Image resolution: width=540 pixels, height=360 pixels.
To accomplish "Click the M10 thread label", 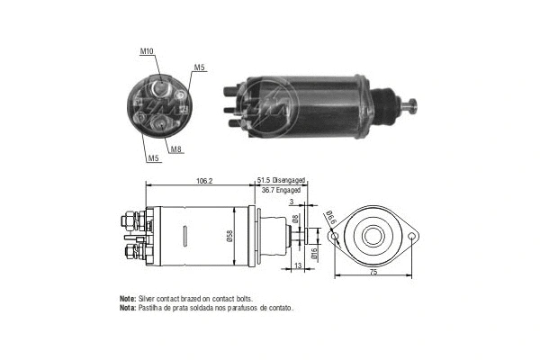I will pos(147,51).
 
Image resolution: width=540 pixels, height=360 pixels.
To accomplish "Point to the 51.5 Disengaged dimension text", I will pos(282,180).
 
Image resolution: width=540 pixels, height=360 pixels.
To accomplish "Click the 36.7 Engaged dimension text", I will pos(280,190).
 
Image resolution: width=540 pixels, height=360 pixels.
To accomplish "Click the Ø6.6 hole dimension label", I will pos(330,216).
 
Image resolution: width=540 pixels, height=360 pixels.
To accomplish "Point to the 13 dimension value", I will pos(298,265).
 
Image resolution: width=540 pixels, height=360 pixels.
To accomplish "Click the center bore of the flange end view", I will pos(373,235).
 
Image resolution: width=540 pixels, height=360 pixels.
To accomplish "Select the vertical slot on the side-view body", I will pos(184,238).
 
